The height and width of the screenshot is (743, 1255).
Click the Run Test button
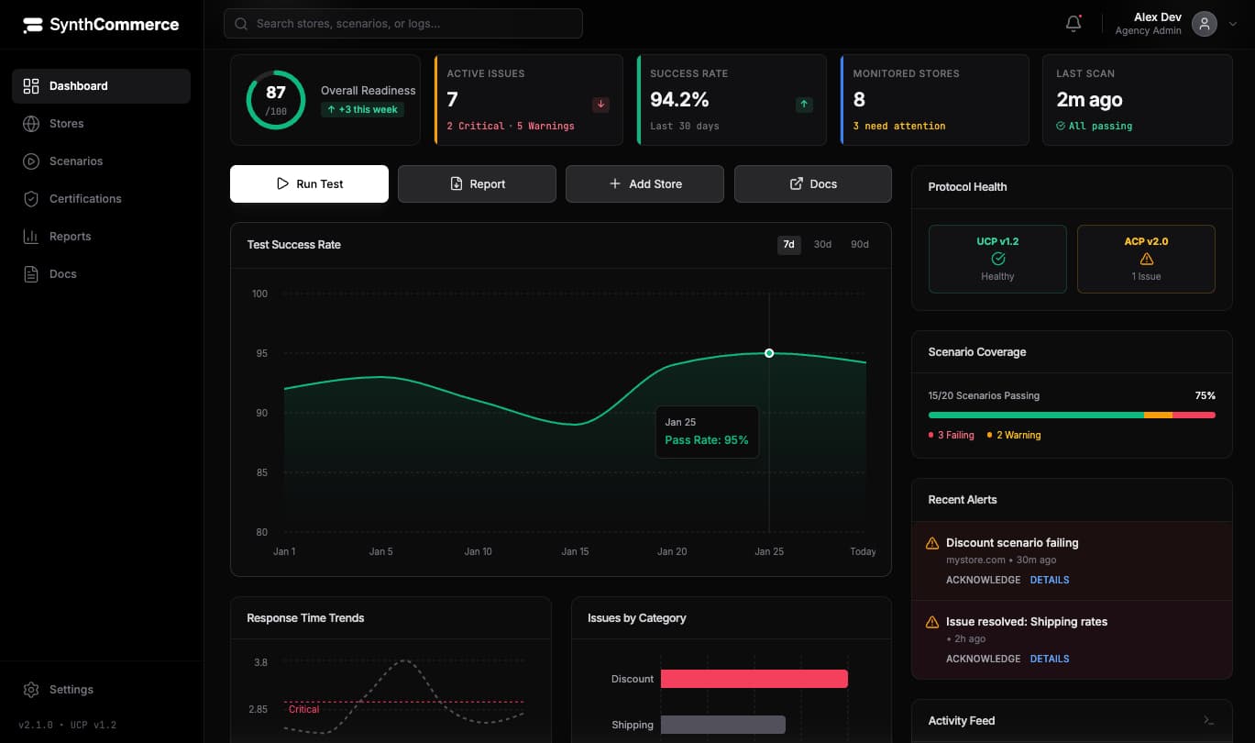click(x=309, y=183)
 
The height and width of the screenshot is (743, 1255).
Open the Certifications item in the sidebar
click(x=84, y=198)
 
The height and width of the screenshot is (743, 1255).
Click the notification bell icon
click(x=1073, y=24)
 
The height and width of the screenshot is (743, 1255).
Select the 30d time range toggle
click(x=822, y=244)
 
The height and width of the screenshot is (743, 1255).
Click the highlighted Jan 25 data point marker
click(x=769, y=353)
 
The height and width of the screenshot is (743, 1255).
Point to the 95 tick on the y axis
click(x=260, y=353)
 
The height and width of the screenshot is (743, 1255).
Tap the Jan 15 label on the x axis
click(x=575, y=551)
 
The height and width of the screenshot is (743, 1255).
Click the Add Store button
click(x=644, y=183)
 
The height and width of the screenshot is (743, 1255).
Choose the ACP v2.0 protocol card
click(x=1145, y=259)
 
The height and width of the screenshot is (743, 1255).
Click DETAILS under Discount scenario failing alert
click(x=1050, y=580)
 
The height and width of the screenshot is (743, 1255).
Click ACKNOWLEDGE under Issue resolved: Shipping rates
click(x=983, y=659)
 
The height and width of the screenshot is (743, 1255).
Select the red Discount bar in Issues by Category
click(x=754, y=679)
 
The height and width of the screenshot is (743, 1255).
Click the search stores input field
click(x=403, y=24)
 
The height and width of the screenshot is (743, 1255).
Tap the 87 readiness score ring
click(x=275, y=100)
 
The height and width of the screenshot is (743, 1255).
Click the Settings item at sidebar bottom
click(x=71, y=689)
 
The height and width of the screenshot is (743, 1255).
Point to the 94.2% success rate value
click(x=679, y=99)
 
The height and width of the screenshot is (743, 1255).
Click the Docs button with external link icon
click(x=812, y=183)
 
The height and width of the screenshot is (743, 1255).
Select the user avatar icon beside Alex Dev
click(x=1204, y=24)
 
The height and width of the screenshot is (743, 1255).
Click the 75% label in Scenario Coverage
click(x=1205, y=395)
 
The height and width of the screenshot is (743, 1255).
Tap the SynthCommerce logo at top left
click(x=101, y=25)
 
